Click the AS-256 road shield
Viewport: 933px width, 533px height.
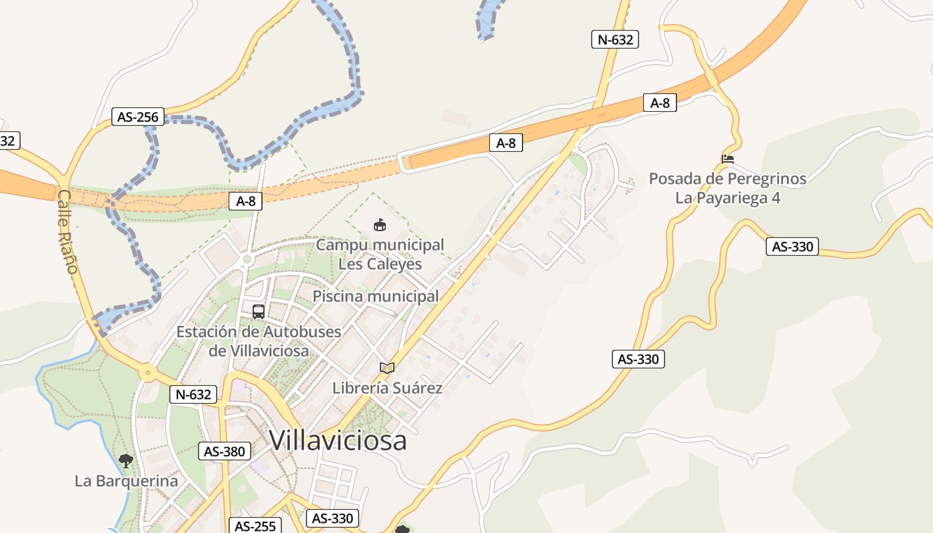(138, 117)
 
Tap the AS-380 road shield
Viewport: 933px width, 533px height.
(225, 451)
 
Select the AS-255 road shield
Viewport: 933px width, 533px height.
(255, 526)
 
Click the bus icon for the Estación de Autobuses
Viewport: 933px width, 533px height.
(259, 311)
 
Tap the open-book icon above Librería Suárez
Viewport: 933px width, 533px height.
(387, 368)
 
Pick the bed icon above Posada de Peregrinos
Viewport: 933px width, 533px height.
(728, 159)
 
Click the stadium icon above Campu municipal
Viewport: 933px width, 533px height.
(380, 225)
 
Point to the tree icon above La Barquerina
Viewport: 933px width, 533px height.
(125, 460)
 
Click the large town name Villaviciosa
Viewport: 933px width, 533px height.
(338, 440)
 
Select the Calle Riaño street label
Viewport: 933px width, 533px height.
(67, 231)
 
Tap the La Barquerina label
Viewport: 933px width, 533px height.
(127, 481)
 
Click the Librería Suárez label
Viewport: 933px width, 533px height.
(387, 388)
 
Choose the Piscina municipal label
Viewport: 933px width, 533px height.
(376, 296)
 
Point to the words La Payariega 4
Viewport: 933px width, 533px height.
(728, 198)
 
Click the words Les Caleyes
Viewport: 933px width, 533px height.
(380, 264)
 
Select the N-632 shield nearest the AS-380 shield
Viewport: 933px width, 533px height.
(194, 394)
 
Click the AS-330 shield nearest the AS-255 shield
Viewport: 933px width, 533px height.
(333, 518)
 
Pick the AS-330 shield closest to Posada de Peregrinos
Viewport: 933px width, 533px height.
(792, 247)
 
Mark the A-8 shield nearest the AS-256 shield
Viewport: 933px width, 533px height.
(245, 201)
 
